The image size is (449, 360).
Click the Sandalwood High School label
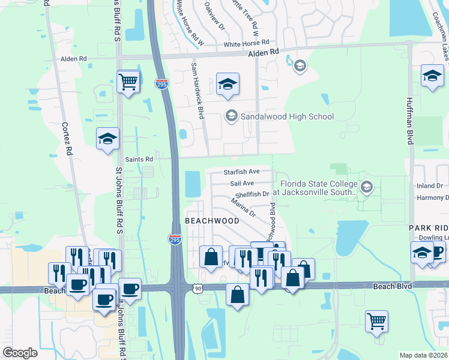pyautogui.click(x=287, y=116)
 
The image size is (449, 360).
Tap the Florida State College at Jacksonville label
pyautogui.click(x=317, y=188)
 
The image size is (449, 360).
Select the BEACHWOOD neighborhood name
pyautogui.click(x=212, y=221)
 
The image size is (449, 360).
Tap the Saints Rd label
pyautogui.click(x=139, y=160)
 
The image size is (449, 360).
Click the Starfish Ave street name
pyautogui.click(x=241, y=172)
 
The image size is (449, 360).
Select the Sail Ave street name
pyautogui.click(x=242, y=183)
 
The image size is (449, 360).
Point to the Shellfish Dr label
pyautogui.click(x=252, y=194)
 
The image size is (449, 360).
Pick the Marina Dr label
pyautogui.click(x=244, y=209)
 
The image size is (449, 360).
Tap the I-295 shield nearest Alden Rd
pyautogui.click(x=161, y=85)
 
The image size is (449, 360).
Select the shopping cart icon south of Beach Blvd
pyautogui.click(x=376, y=321)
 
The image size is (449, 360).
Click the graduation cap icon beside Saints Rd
pyautogui.click(x=108, y=139)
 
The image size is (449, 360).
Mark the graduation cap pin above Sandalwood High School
pyautogui.click(x=228, y=85)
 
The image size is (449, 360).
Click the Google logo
pyautogui.click(x=20, y=353)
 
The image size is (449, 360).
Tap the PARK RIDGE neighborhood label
pyautogui.click(x=429, y=229)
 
